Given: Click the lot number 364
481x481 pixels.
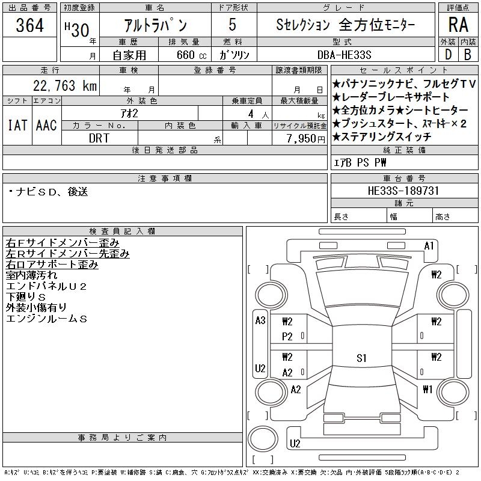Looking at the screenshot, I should (x=30, y=26).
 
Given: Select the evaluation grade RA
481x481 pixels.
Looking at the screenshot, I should (x=458, y=25).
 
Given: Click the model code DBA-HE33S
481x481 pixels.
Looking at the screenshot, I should (x=348, y=55).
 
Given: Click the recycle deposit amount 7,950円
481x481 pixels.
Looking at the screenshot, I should (x=299, y=138).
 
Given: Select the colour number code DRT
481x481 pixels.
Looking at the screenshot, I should (x=100, y=138).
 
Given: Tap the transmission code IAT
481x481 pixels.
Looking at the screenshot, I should (x=17, y=125).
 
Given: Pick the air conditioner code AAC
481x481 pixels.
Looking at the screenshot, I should (x=46, y=125).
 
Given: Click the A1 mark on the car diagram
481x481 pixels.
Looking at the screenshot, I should (x=429, y=245).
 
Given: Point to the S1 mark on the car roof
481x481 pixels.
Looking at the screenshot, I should (x=361, y=358).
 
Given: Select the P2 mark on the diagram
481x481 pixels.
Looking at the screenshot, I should (x=287, y=337).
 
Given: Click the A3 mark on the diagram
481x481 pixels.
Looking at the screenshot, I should (x=260, y=320).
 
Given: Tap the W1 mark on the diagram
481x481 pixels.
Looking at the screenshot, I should (x=427, y=389).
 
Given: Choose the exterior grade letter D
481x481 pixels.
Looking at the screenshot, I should (x=447, y=55).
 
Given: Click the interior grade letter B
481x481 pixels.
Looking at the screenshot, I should (x=468, y=55).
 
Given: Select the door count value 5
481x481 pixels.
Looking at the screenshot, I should (x=233, y=26).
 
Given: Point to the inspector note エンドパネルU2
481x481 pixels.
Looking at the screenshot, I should (x=47, y=286).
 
